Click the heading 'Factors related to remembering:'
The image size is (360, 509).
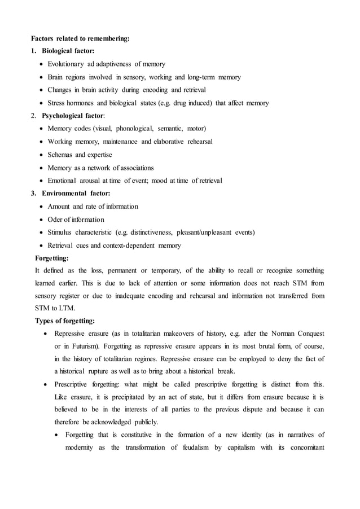(x=80, y=38)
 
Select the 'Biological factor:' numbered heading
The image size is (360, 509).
(x=68, y=51)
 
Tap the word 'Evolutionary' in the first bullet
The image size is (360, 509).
(x=66, y=64)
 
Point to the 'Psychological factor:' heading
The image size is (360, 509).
(x=74, y=116)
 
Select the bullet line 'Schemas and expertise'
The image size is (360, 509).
(x=80, y=155)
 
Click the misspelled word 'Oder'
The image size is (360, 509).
(x=55, y=220)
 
